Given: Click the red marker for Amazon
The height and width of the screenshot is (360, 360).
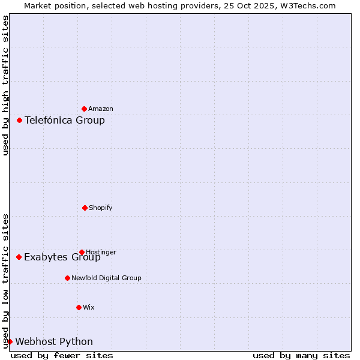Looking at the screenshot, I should click(84, 109).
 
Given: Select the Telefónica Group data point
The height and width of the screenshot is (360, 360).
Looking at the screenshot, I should click(19, 120).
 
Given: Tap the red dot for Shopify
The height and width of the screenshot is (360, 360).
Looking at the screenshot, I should click(85, 208).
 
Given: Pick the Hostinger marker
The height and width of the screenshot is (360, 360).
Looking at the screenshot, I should click(82, 252).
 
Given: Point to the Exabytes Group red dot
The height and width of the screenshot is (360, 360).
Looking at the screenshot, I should click(19, 257).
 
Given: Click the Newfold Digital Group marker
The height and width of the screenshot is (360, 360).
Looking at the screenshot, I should click(67, 278).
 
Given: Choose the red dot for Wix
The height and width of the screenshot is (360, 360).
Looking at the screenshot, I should click(79, 307).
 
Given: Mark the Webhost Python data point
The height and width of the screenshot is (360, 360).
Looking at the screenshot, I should click(10, 341).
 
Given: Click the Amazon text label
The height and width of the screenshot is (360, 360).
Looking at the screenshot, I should click(101, 109).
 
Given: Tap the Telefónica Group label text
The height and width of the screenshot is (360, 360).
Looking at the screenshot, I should click(65, 120).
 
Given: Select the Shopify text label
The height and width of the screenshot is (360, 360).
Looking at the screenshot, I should click(101, 208).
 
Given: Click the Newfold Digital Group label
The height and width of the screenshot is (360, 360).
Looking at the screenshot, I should click(106, 278).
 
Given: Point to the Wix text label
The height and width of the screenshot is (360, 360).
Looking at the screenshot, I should click(89, 307).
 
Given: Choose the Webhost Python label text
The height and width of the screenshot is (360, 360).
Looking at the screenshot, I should click(54, 341).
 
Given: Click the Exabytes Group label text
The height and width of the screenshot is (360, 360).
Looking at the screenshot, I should click(62, 257).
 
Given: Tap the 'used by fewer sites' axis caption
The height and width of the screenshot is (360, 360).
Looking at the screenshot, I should click(62, 355).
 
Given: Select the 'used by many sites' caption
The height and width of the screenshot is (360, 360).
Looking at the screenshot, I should click(301, 355).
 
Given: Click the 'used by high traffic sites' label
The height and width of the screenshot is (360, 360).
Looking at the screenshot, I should click(5, 85).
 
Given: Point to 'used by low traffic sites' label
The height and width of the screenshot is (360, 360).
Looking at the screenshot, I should click(5, 281).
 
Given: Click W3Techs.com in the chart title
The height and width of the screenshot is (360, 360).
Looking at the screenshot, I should click(308, 5).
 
